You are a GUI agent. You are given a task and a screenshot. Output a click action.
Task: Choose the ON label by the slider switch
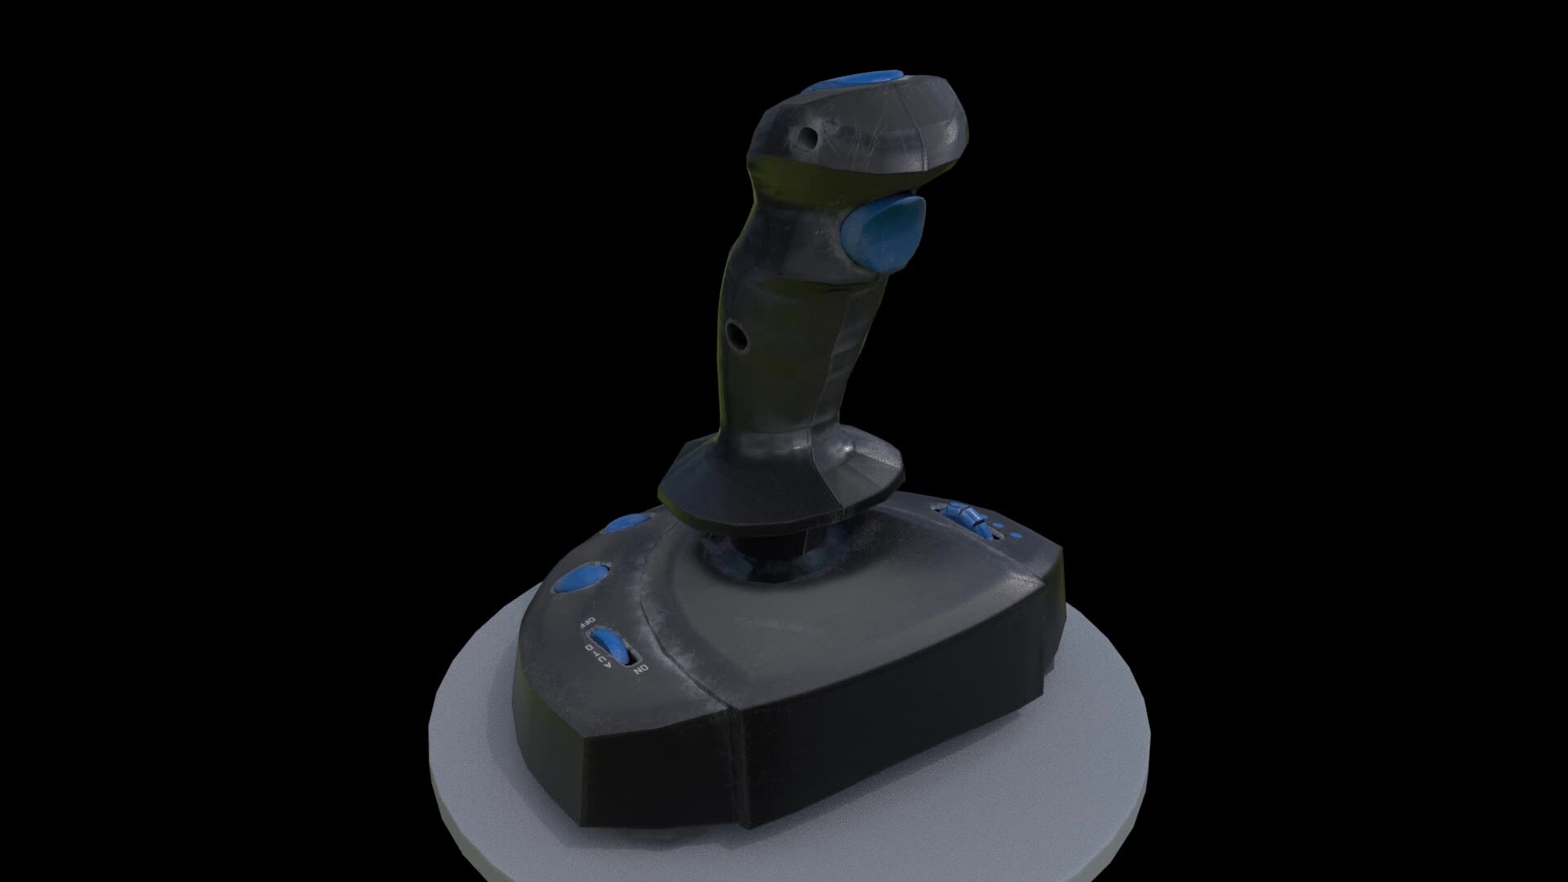tap(641, 670)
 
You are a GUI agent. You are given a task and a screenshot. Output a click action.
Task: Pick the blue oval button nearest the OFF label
tap(581, 578)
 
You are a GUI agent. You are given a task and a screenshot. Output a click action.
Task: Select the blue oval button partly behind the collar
tap(627, 522)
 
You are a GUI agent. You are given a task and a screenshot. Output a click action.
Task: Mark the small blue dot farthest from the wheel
tap(1016, 537)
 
